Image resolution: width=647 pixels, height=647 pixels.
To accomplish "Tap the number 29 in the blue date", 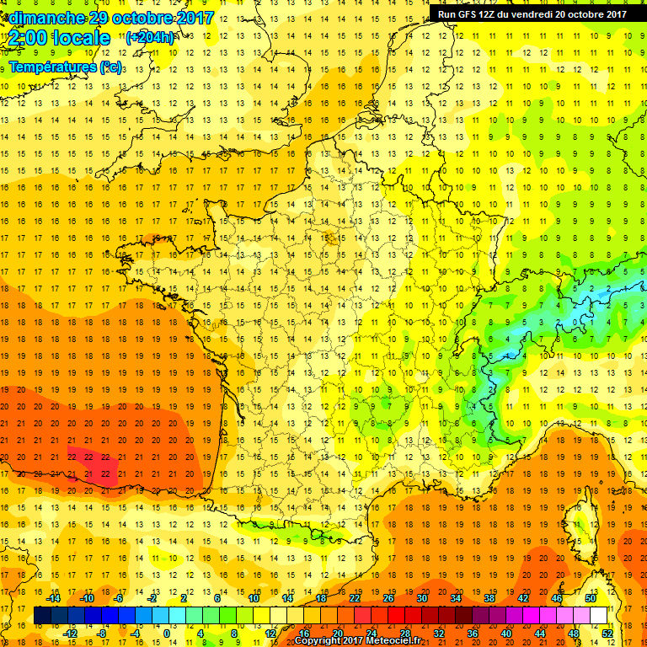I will (x=100, y=18).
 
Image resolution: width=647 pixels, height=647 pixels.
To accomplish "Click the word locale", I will (x=81, y=38).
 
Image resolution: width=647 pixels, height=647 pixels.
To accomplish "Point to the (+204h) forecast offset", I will (x=150, y=37).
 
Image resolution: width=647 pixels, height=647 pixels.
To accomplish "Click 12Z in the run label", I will (x=491, y=13).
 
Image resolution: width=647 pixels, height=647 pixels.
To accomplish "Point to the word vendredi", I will (x=535, y=13).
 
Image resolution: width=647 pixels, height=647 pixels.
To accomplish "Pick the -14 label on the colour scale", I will (x=55, y=598).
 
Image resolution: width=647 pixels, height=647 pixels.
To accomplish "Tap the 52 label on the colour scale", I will (x=607, y=634).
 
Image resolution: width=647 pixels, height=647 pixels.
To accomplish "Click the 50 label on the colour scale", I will (x=591, y=598).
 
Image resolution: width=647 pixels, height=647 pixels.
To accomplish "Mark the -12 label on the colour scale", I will (x=71, y=634).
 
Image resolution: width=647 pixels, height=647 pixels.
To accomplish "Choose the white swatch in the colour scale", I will (x=599, y=616).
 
